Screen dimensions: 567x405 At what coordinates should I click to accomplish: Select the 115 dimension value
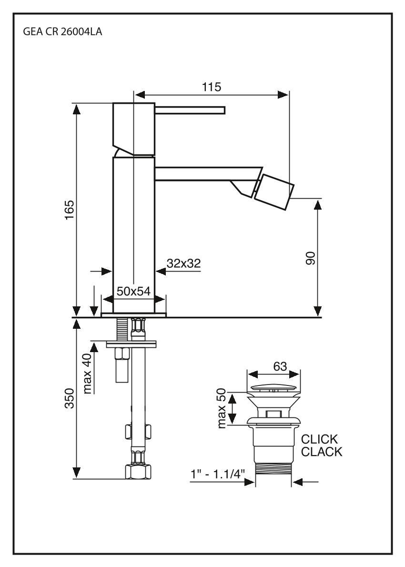tap(211, 87)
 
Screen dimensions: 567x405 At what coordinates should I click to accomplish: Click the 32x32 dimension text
tap(183, 263)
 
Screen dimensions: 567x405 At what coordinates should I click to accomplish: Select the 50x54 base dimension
tap(133, 292)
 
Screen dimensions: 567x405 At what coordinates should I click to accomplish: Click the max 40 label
tap(87, 374)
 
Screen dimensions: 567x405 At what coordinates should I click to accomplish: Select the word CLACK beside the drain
tap(322, 452)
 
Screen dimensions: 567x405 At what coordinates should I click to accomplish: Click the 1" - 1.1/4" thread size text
tap(217, 474)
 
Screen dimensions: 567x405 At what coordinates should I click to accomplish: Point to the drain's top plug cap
tap(275, 386)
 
